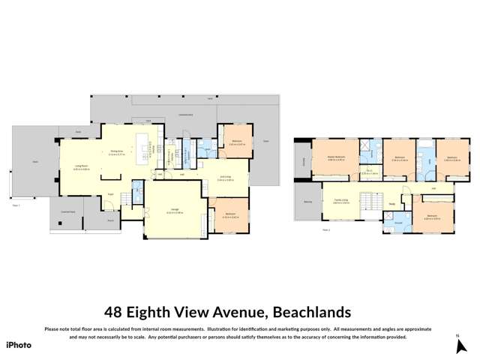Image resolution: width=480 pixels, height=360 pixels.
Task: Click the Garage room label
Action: [x=174, y=211]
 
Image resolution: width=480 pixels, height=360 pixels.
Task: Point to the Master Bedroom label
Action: [x=335, y=158]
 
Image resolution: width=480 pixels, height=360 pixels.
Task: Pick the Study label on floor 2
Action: [x=391, y=201]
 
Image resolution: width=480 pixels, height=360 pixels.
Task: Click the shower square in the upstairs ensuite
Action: [x=366, y=145]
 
